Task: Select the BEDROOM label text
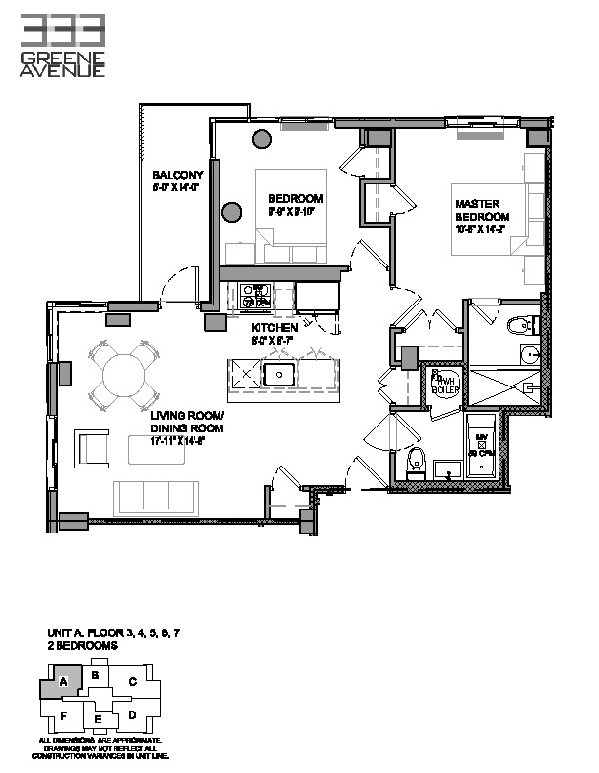pyautogui.click(x=296, y=198)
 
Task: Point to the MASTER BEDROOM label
pyautogui.click(x=482, y=210)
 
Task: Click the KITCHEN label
pyautogui.click(x=273, y=328)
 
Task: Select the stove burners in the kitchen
pyautogui.click(x=254, y=296)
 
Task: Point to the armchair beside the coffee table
pyautogui.click(x=95, y=447)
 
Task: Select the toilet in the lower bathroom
pyautogui.click(x=416, y=460)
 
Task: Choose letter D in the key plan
pyautogui.click(x=131, y=715)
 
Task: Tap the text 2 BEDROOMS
pyautogui.click(x=83, y=646)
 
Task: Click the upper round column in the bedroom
pyautogui.click(x=262, y=139)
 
